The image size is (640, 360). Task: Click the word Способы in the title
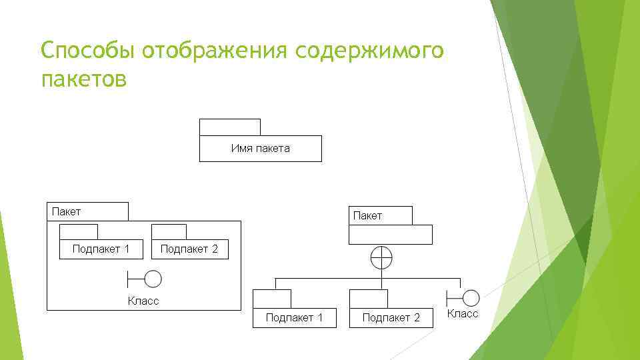click(x=87, y=51)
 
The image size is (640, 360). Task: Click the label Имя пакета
click(x=260, y=149)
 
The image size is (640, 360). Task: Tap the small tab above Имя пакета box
click(x=229, y=127)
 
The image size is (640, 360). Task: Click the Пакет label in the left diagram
click(x=67, y=212)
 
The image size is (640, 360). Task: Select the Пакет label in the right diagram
click(x=367, y=216)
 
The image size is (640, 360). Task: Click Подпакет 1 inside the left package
click(x=101, y=249)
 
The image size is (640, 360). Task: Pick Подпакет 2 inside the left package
click(x=189, y=249)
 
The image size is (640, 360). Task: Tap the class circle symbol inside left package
click(x=153, y=279)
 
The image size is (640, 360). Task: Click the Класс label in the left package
click(x=143, y=301)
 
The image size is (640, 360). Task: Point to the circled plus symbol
click(x=381, y=257)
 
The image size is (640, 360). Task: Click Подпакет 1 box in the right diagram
click(x=294, y=318)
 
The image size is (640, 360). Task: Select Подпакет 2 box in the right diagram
click(x=391, y=318)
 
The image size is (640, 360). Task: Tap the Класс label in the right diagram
click(x=463, y=313)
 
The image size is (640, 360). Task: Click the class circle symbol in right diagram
click(x=471, y=297)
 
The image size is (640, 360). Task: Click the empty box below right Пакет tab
click(x=391, y=235)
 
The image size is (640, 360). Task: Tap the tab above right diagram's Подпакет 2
click(x=368, y=299)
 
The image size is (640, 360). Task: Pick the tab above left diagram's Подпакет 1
click(x=79, y=232)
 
